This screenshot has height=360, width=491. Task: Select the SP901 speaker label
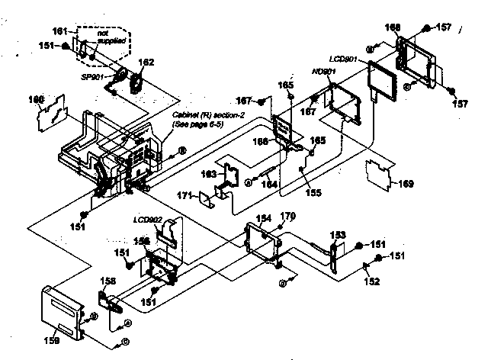pyautogui.click(x=91, y=77)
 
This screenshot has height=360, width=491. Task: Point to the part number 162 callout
pyautogui.click(x=146, y=62)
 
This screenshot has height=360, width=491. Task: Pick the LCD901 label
pyautogui.click(x=344, y=58)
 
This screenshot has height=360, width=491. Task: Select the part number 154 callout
pyautogui.click(x=262, y=218)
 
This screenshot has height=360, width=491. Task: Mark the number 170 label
pyautogui.click(x=287, y=216)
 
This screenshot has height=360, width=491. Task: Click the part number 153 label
pyautogui.click(x=338, y=234)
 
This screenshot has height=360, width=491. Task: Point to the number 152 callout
pyautogui.click(x=371, y=281)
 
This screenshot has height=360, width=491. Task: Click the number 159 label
pyautogui.click(x=50, y=341)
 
